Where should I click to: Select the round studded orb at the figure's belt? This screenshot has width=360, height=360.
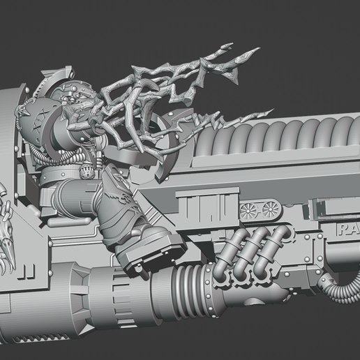coord(87,174)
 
